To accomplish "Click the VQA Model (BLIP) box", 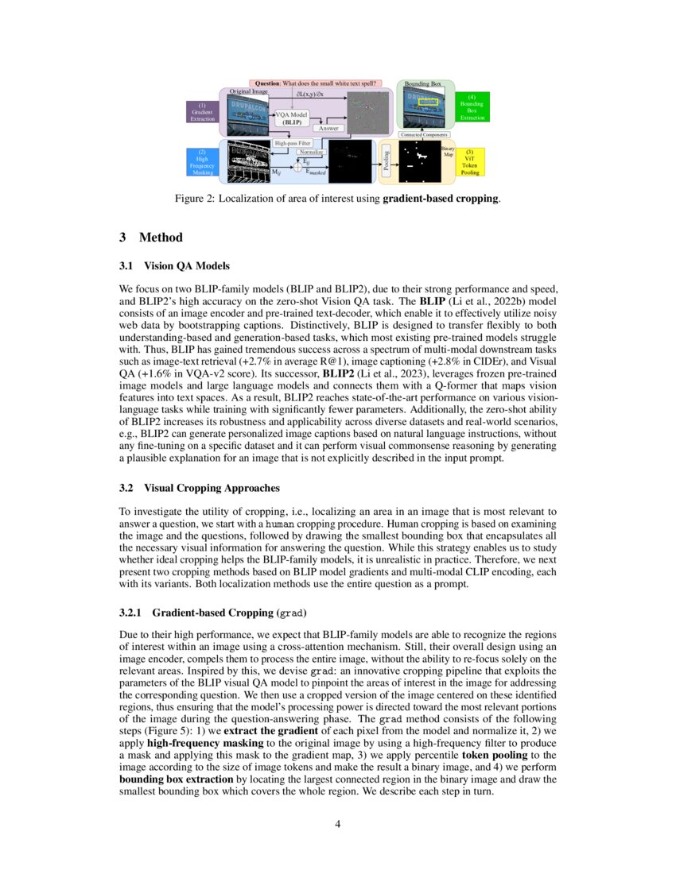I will tap(292, 119).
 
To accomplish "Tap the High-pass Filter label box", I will tap(292, 143).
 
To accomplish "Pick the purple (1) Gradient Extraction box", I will tap(202, 111).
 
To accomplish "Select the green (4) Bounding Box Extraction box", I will tap(472, 106).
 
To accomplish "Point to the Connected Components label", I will tap(424, 135).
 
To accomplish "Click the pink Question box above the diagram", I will tap(316, 83).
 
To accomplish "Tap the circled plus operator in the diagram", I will tap(298, 166).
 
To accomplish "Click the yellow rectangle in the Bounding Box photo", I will tap(429, 102).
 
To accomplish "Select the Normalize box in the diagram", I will tap(311, 151).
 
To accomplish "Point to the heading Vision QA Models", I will tap(187, 265).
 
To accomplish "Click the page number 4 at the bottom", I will tap(338, 824).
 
